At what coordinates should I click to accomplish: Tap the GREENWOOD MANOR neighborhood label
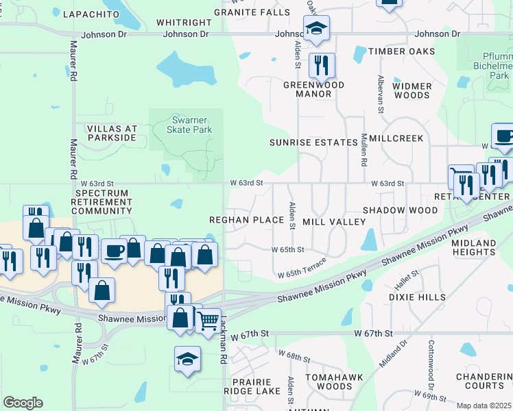[x=313, y=90]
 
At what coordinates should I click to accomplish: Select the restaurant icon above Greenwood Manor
[x=321, y=66]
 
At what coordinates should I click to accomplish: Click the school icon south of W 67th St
[x=187, y=359]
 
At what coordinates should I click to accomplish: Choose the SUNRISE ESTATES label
[x=313, y=142]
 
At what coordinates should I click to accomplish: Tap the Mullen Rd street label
[x=364, y=153]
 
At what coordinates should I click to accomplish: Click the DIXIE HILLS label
[x=417, y=297]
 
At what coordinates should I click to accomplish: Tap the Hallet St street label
[x=406, y=279]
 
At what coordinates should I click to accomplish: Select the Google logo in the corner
[x=23, y=402]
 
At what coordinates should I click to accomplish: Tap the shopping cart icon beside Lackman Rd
[x=208, y=319]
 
